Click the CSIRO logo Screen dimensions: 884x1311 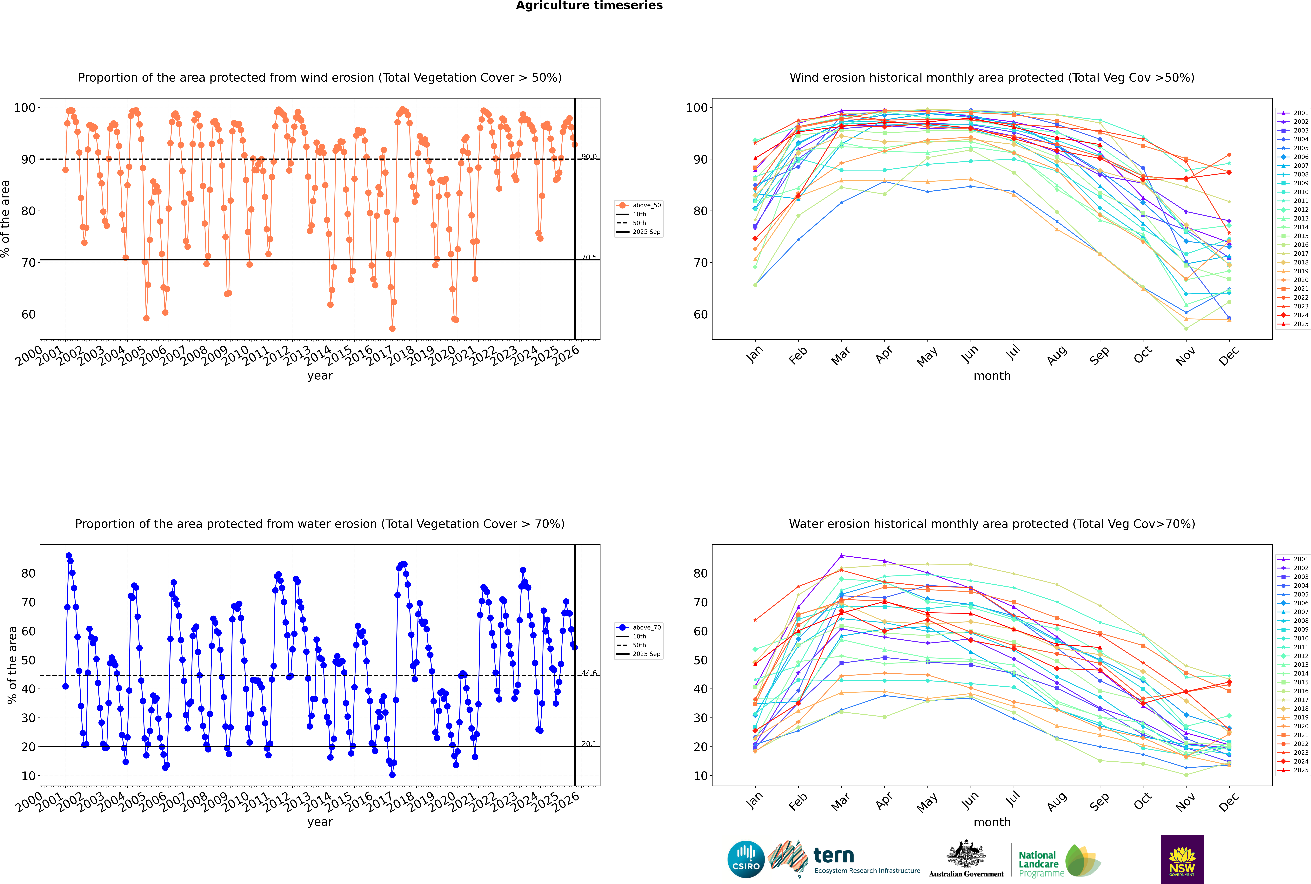click(746, 859)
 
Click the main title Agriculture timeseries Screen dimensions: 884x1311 click(589, 6)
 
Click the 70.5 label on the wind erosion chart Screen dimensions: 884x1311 click(589, 257)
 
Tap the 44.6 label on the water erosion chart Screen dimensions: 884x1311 click(589, 673)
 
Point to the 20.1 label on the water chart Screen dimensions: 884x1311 click(589, 744)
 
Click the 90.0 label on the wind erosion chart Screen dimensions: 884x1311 click(589, 157)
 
